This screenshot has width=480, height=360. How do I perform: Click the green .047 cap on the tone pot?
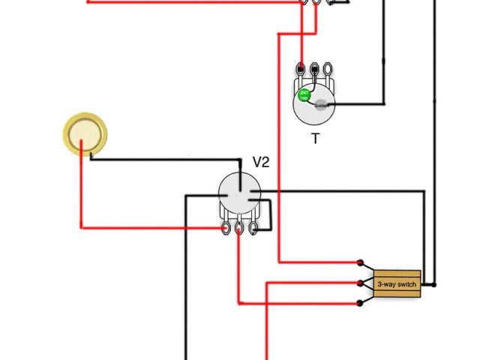point(304,95)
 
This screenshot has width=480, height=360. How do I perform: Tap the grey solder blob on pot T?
point(321,105)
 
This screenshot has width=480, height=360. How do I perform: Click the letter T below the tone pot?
point(315,139)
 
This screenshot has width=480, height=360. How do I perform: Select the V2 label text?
point(261,162)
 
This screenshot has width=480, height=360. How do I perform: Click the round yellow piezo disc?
point(85,133)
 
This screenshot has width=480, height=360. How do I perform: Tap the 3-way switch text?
point(397,285)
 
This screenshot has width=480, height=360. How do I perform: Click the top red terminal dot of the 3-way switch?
point(361,263)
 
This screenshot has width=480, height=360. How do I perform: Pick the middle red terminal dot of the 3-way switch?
point(361,283)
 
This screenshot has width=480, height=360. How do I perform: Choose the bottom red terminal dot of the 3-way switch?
point(361,303)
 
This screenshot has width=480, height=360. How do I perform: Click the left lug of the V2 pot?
point(226,226)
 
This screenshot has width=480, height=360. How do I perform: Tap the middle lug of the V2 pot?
point(239,226)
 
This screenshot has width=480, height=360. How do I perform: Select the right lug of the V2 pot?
point(253,226)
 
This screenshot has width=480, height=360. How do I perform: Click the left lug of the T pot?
point(301,70)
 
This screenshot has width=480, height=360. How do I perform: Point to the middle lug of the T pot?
point(314,70)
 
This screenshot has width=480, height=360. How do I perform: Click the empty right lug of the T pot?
point(328,70)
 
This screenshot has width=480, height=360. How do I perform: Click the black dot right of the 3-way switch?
point(433,285)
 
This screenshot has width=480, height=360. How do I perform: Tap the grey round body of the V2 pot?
point(239,194)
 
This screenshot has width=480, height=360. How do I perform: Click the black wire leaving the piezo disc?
point(165,159)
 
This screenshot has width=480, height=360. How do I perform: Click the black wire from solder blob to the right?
point(360,103)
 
